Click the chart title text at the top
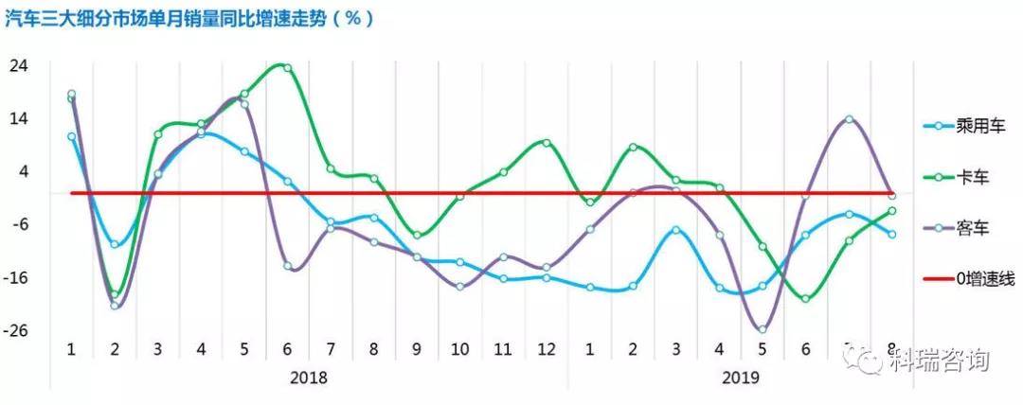pos(189,18)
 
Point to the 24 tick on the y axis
pos(18,66)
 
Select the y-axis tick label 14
pos(18,119)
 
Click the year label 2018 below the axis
pos(309,378)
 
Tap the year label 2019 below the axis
pos(741,378)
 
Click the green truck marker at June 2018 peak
pos(288,68)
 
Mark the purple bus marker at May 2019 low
pos(763,329)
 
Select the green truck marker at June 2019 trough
pos(806,299)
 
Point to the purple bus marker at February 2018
pos(115,306)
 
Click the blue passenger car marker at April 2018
pos(201,134)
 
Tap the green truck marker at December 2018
pos(547,143)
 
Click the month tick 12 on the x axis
pos(547,348)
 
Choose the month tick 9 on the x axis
pos(417,348)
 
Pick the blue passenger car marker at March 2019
pos(676,230)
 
